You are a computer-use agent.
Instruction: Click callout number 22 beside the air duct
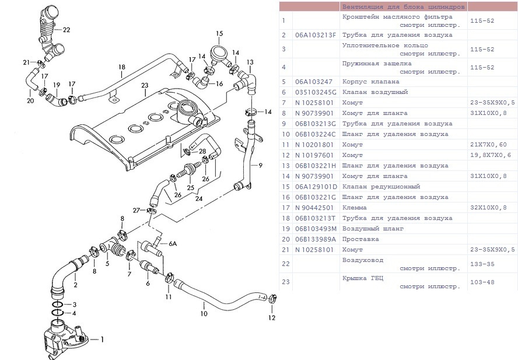[66, 30]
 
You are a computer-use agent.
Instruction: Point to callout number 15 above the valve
[219, 33]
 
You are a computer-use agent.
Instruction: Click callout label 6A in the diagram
[172, 244]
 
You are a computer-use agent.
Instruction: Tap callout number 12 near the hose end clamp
[271, 318]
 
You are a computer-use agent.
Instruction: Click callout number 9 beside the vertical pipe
[260, 165]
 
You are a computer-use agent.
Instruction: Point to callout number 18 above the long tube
[121, 67]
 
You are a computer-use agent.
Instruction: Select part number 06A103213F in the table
[316, 35]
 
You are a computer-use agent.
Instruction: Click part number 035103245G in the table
[316, 92]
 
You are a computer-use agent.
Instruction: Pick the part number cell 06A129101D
[316, 187]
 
